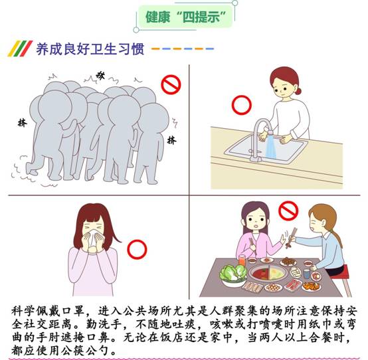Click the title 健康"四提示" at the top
(x=185, y=17)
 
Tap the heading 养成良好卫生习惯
(x=90, y=49)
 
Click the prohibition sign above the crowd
(x=171, y=84)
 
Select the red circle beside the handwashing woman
(x=242, y=105)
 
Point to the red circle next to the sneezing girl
(x=137, y=249)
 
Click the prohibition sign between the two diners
(x=288, y=211)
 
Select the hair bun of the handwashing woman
(x=298, y=90)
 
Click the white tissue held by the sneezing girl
(x=93, y=238)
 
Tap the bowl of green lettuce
(x=233, y=275)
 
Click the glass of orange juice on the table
(x=242, y=260)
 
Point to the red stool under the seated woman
(x=342, y=279)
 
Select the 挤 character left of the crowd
(x=23, y=123)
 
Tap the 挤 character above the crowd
(x=100, y=75)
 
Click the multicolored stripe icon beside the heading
(x=20, y=48)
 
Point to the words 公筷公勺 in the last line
(x=85, y=351)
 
